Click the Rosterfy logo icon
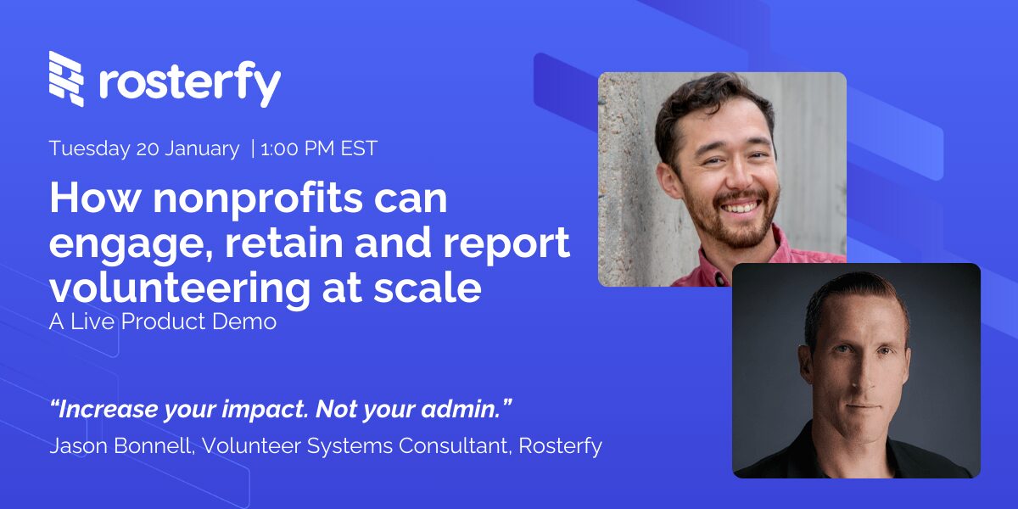67,79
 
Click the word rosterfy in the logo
189,82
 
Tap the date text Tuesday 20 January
144,148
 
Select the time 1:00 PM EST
319,148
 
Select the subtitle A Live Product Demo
163,322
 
